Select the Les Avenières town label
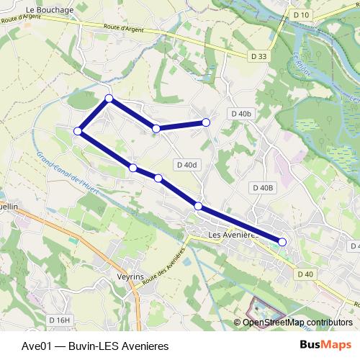point(231,235)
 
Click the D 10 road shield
point(301,15)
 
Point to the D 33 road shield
point(259,55)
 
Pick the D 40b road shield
point(241,114)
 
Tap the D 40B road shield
point(264,188)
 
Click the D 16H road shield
point(60,320)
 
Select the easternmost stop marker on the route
point(282,243)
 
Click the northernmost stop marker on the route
point(109,98)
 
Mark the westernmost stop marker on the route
point(77,130)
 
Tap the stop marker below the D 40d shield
point(198,207)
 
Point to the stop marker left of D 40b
point(206,122)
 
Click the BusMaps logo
point(325,345)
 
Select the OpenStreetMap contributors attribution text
point(297,322)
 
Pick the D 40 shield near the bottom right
point(305,274)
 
